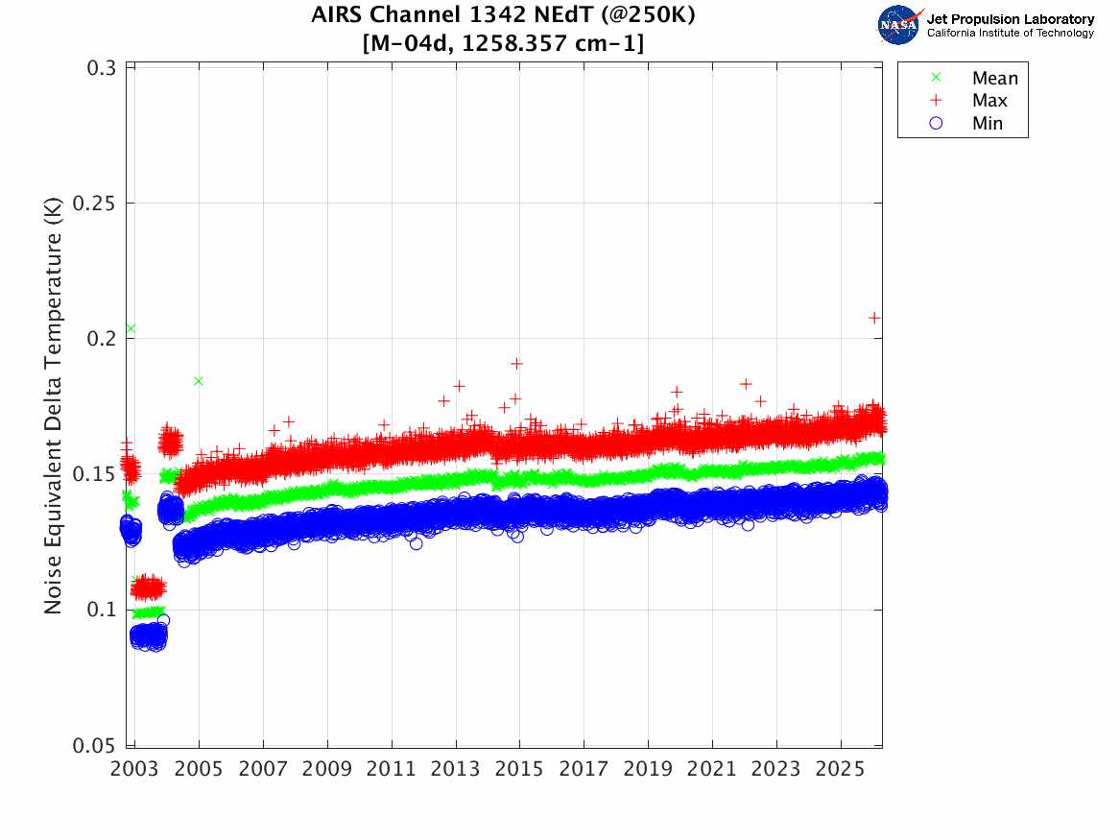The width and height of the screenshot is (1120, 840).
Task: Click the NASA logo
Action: pyautogui.click(x=899, y=25)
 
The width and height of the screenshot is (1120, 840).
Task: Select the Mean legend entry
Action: pyautogui.click(x=994, y=79)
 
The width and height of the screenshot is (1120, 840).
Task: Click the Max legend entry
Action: pyautogui.click(x=989, y=101)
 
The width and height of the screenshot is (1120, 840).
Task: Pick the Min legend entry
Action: pyautogui.click(x=988, y=124)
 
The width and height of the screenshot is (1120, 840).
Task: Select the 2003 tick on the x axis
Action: pyautogui.click(x=135, y=770)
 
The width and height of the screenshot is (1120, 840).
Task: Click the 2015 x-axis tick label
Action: pyautogui.click(x=520, y=770)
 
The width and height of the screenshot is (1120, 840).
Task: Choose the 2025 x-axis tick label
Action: pyautogui.click(x=841, y=770)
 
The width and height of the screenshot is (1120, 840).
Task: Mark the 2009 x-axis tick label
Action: pyautogui.click(x=328, y=770)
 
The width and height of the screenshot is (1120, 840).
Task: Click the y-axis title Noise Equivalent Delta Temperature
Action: pyautogui.click(x=55, y=406)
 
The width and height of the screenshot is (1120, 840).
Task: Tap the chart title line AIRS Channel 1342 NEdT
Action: pyautogui.click(x=503, y=16)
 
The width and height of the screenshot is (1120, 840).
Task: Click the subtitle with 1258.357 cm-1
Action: pyautogui.click(x=503, y=44)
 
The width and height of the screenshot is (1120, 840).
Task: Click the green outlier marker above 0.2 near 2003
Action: pyautogui.click(x=131, y=329)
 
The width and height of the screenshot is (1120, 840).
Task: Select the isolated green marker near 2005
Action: pyautogui.click(x=199, y=381)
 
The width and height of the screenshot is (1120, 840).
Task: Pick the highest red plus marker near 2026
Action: pyautogui.click(x=874, y=318)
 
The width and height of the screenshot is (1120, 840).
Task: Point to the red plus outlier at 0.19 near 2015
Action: pyautogui.click(x=516, y=364)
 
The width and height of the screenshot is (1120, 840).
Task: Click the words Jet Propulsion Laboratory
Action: pyautogui.click(x=1010, y=19)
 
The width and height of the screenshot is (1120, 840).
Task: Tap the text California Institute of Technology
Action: pyautogui.click(x=1010, y=34)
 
